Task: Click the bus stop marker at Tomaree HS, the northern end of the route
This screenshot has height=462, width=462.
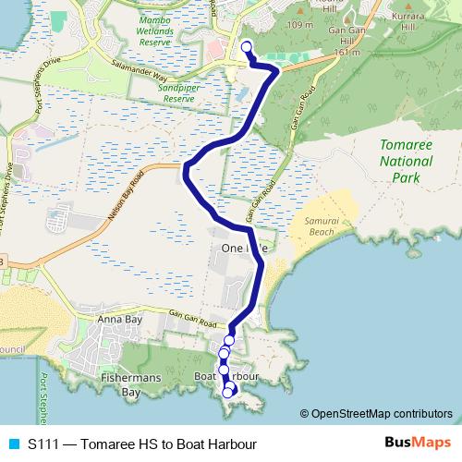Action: pyautogui.click(x=246, y=48)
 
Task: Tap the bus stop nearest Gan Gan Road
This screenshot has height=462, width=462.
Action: pyautogui.click(x=229, y=340)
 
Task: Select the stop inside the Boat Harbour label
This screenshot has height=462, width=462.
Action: pyautogui.click(x=223, y=371)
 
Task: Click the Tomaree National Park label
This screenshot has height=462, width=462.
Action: pyautogui.click(x=407, y=161)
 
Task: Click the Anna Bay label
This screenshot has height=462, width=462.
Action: pyautogui.click(x=117, y=321)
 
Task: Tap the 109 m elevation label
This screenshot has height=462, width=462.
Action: pyautogui.click(x=300, y=25)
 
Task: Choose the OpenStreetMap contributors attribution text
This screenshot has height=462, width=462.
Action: pyautogui.click(x=381, y=413)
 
